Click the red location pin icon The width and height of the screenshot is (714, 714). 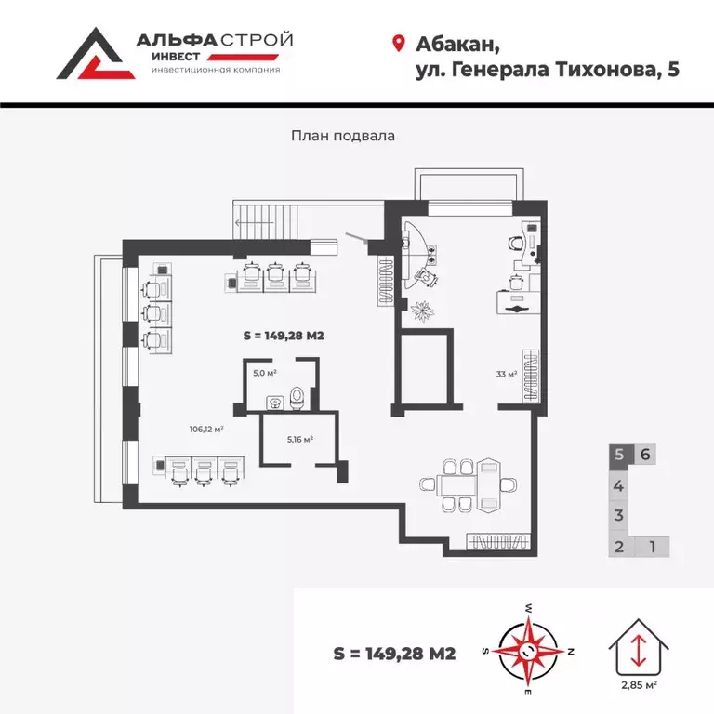399,44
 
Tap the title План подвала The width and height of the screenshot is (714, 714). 343,135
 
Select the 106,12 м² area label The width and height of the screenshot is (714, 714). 205,429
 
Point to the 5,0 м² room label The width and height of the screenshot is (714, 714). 265,373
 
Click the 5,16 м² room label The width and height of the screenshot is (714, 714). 298,439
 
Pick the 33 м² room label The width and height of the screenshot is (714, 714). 506,375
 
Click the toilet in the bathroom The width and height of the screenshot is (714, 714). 296,398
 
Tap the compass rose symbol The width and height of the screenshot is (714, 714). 527,650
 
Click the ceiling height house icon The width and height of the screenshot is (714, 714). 639,646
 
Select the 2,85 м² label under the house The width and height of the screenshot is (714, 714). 639,685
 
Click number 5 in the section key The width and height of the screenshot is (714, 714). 619,455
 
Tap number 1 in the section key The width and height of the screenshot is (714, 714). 653,546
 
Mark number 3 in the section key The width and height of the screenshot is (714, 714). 618,515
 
